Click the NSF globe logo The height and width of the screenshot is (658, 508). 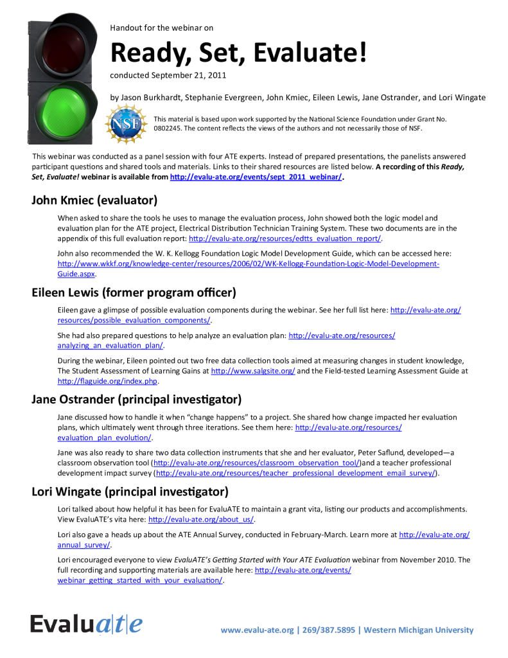point(125,122)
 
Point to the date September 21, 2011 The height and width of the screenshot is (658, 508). point(189,75)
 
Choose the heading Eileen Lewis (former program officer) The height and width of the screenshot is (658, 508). point(134,292)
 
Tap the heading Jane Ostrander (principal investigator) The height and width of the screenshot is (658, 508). point(136,399)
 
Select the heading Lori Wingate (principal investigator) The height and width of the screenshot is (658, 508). point(130,492)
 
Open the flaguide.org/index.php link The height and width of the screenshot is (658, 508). point(107,381)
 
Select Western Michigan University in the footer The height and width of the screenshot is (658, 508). point(418,630)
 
